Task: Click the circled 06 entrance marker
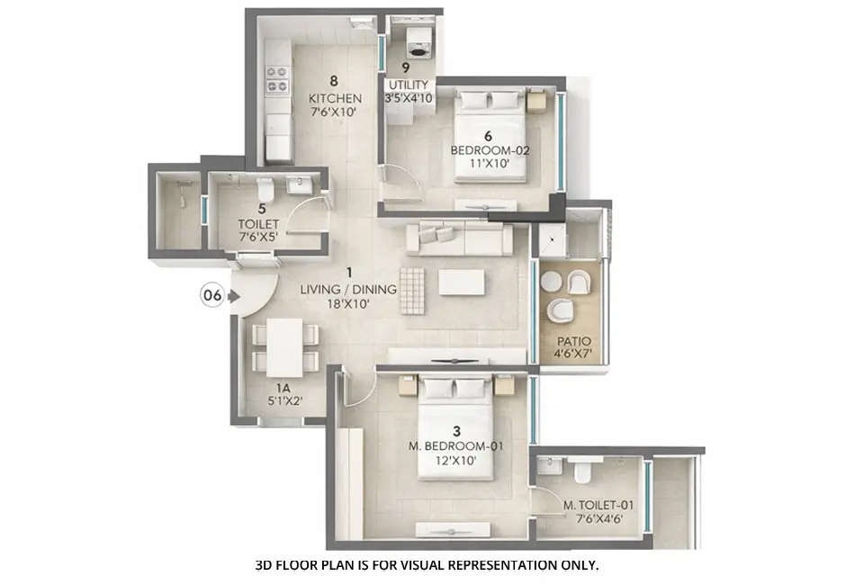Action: (x=212, y=295)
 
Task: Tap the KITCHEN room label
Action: (x=335, y=98)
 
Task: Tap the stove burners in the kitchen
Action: (x=277, y=79)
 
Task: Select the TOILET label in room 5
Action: (x=258, y=224)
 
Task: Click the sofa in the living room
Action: (x=458, y=238)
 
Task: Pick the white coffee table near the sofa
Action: (x=461, y=283)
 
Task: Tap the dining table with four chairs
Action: (x=285, y=346)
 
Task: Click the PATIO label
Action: (x=573, y=341)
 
